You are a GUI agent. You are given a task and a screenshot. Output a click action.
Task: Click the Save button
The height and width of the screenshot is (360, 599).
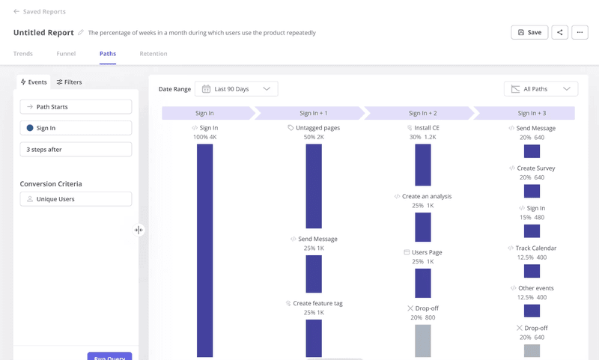(529, 33)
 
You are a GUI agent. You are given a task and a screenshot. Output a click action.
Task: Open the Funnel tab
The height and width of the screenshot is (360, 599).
(66, 54)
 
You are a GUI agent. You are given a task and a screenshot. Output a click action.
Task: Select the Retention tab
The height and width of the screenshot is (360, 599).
(153, 54)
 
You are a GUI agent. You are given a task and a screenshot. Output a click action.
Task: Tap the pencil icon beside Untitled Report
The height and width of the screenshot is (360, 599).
(81, 33)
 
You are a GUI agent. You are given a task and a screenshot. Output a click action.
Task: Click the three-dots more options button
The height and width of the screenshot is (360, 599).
(580, 33)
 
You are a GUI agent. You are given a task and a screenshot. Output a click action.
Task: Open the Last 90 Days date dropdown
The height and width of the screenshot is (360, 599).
(236, 89)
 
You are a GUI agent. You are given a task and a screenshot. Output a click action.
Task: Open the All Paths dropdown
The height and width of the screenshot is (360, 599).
(541, 89)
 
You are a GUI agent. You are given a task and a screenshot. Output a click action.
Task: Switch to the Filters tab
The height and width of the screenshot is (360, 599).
(69, 82)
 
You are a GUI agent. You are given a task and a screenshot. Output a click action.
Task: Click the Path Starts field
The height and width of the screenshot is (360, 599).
(76, 107)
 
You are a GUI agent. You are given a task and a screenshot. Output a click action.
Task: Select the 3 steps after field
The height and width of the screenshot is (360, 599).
(76, 150)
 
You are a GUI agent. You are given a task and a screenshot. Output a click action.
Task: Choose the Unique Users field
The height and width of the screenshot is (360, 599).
(76, 199)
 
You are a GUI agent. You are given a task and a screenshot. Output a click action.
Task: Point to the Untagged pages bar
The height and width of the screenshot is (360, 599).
(314, 186)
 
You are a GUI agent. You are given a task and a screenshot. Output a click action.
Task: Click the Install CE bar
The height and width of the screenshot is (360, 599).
(423, 165)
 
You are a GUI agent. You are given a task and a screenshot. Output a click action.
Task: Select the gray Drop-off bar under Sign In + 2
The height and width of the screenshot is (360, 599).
(423, 341)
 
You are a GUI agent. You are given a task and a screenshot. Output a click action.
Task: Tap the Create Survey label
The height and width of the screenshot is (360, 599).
(535, 168)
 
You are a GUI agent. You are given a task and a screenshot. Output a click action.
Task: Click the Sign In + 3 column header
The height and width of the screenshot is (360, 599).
(531, 113)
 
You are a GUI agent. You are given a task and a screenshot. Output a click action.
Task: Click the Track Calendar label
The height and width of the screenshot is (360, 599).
(535, 248)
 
